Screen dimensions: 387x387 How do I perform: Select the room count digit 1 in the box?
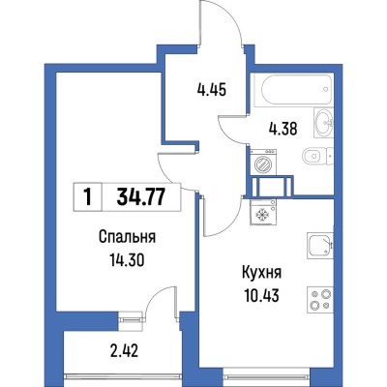pyautogui.click(x=88, y=197)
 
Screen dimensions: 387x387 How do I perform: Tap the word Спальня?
pyautogui.click(x=128, y=238)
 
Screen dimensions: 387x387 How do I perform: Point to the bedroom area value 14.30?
pyautogui.click(x=128, y=258)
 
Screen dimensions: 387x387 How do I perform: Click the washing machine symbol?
pyautogui.click(x=263, y=165)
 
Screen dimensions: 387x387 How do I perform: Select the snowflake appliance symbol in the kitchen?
pyautogui.click(x=263, y=213)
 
